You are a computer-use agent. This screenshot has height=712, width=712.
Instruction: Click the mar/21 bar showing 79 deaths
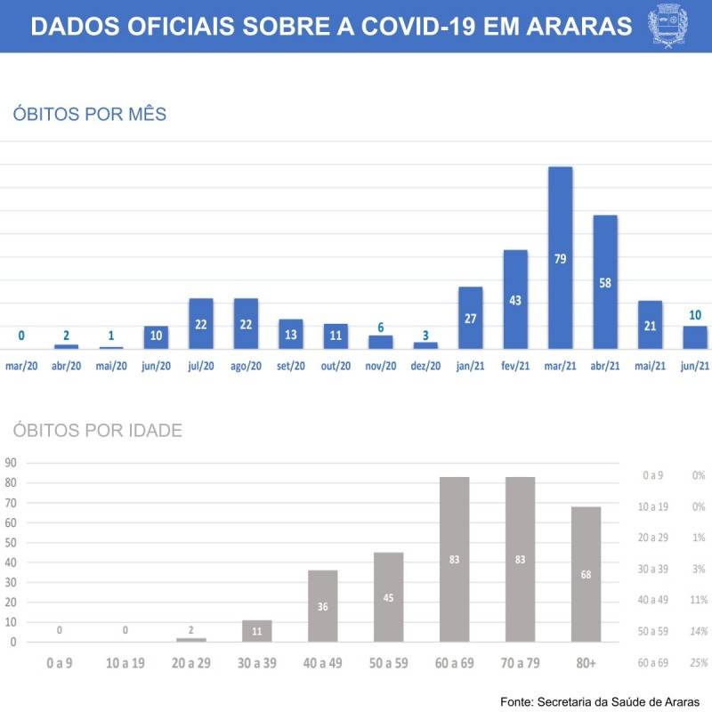coord(560,257)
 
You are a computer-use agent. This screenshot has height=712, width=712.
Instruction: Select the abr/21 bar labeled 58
coord(605,281)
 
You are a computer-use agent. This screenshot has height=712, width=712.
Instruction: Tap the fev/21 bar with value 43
coord(515,299)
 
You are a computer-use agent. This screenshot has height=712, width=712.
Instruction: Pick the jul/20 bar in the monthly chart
coord(201,323)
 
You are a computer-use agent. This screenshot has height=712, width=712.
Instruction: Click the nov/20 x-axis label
coord(381,365)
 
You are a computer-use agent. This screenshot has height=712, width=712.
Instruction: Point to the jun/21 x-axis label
coord(695,365)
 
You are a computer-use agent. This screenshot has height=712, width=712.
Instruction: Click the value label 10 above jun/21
coord(695,315)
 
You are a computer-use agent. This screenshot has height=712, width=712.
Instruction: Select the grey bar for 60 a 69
coord(455,559)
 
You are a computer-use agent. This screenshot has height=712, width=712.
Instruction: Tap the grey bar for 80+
coord(587,574)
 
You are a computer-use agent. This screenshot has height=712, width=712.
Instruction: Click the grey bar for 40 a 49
coord(322,605)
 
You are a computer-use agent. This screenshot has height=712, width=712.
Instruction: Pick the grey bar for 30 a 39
coord(256,630)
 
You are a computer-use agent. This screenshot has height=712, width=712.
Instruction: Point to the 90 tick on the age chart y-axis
coord(12,463)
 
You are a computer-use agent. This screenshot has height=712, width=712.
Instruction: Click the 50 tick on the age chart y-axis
coord(12,542)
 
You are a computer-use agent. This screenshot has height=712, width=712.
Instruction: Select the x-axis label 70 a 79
coord(521,663)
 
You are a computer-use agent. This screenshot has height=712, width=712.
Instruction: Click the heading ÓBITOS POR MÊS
coord(90,114)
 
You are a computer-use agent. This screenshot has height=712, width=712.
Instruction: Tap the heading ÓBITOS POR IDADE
coord(97,431)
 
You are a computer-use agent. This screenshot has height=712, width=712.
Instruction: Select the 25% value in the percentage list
coord(699,662)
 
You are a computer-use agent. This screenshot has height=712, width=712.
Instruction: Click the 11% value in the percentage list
coord(699,600)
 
